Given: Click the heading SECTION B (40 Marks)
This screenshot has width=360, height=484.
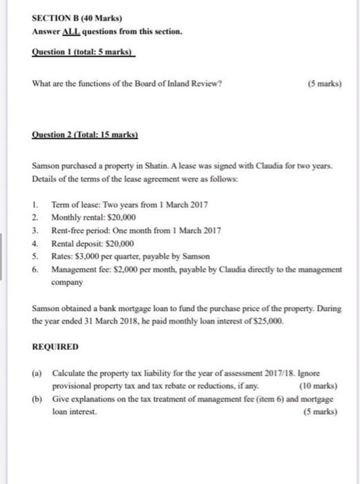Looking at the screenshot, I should click(68, 19).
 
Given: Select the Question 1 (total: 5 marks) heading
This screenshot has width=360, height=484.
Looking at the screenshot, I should click(83, 52).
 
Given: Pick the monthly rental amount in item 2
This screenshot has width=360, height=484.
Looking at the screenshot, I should click(119, 216).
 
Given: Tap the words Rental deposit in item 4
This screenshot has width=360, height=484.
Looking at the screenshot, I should click(75, 243).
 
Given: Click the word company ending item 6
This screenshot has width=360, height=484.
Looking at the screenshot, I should click(67, 282).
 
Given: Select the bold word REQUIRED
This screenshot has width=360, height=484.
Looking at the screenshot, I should click(56, 346).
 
